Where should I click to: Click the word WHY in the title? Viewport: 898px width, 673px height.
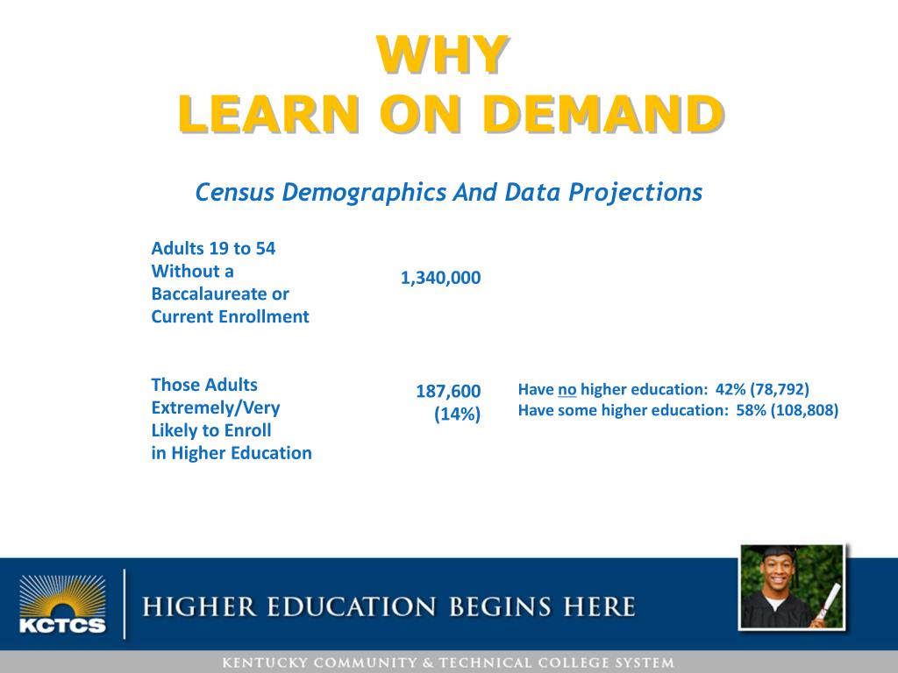pos(442,54)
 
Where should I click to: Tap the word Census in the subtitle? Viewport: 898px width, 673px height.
pos(233,192)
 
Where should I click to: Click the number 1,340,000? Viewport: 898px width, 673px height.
pos(440,278)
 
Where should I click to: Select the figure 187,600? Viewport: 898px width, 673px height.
pos(448,392)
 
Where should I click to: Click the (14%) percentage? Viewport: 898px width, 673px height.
pos(458,414)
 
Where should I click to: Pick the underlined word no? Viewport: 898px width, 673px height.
pos(567,389)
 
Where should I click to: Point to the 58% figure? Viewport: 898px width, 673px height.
pos(752,409)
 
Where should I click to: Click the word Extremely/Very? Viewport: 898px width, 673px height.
pos(216,407)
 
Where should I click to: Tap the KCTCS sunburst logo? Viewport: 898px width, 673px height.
pos(62,604)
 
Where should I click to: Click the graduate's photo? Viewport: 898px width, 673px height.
pos(792,587)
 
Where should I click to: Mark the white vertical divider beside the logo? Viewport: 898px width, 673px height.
pos(125,604)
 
